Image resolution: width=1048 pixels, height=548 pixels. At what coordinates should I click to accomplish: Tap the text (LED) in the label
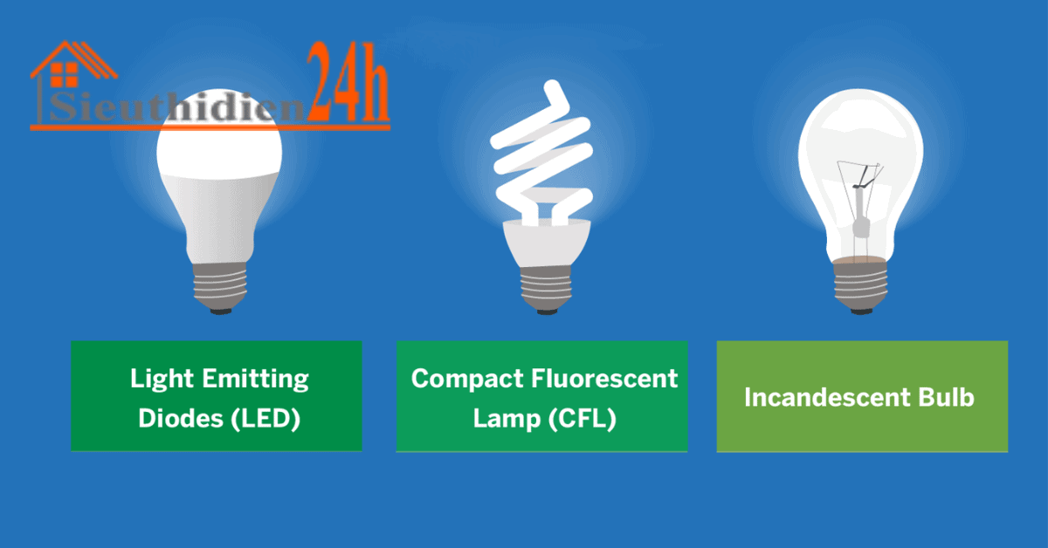pyautogui.click(x=265, y=418)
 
